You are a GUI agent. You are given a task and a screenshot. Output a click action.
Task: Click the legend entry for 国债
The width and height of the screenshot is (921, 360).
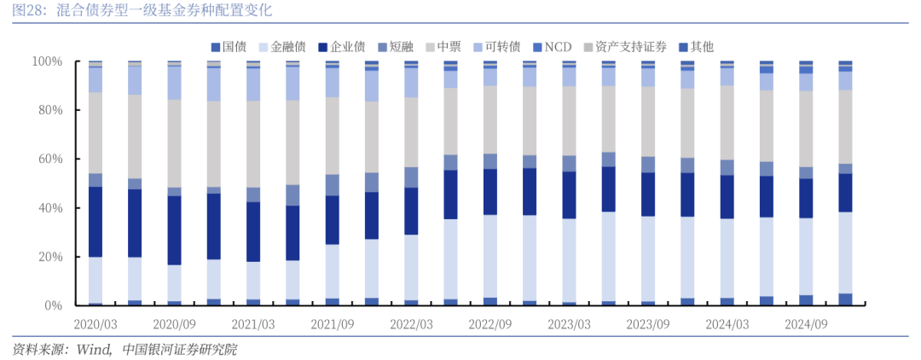tap(235, 47)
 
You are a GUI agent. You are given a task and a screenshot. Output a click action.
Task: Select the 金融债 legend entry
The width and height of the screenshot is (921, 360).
tap(288, 47)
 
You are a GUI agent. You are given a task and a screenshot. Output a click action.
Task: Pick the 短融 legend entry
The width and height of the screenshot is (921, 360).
tap(401, 47)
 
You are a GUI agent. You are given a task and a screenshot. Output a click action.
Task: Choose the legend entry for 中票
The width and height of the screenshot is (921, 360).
tap(449, 47)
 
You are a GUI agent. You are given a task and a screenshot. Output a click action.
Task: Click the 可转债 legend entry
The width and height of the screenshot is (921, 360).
tap(502, 47)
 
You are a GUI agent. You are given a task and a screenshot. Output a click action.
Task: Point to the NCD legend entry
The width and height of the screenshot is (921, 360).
tap(558, 47)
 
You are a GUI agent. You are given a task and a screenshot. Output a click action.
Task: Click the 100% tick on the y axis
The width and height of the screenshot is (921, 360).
tap(48, 62)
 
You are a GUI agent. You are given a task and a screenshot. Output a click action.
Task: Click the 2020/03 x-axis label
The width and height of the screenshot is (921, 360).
tap(96, 325)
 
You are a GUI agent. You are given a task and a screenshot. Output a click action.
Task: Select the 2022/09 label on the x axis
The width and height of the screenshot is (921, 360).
tap(491, 325)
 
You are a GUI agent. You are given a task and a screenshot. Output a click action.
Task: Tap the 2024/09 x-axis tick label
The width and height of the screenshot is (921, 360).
tap(807, 325)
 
